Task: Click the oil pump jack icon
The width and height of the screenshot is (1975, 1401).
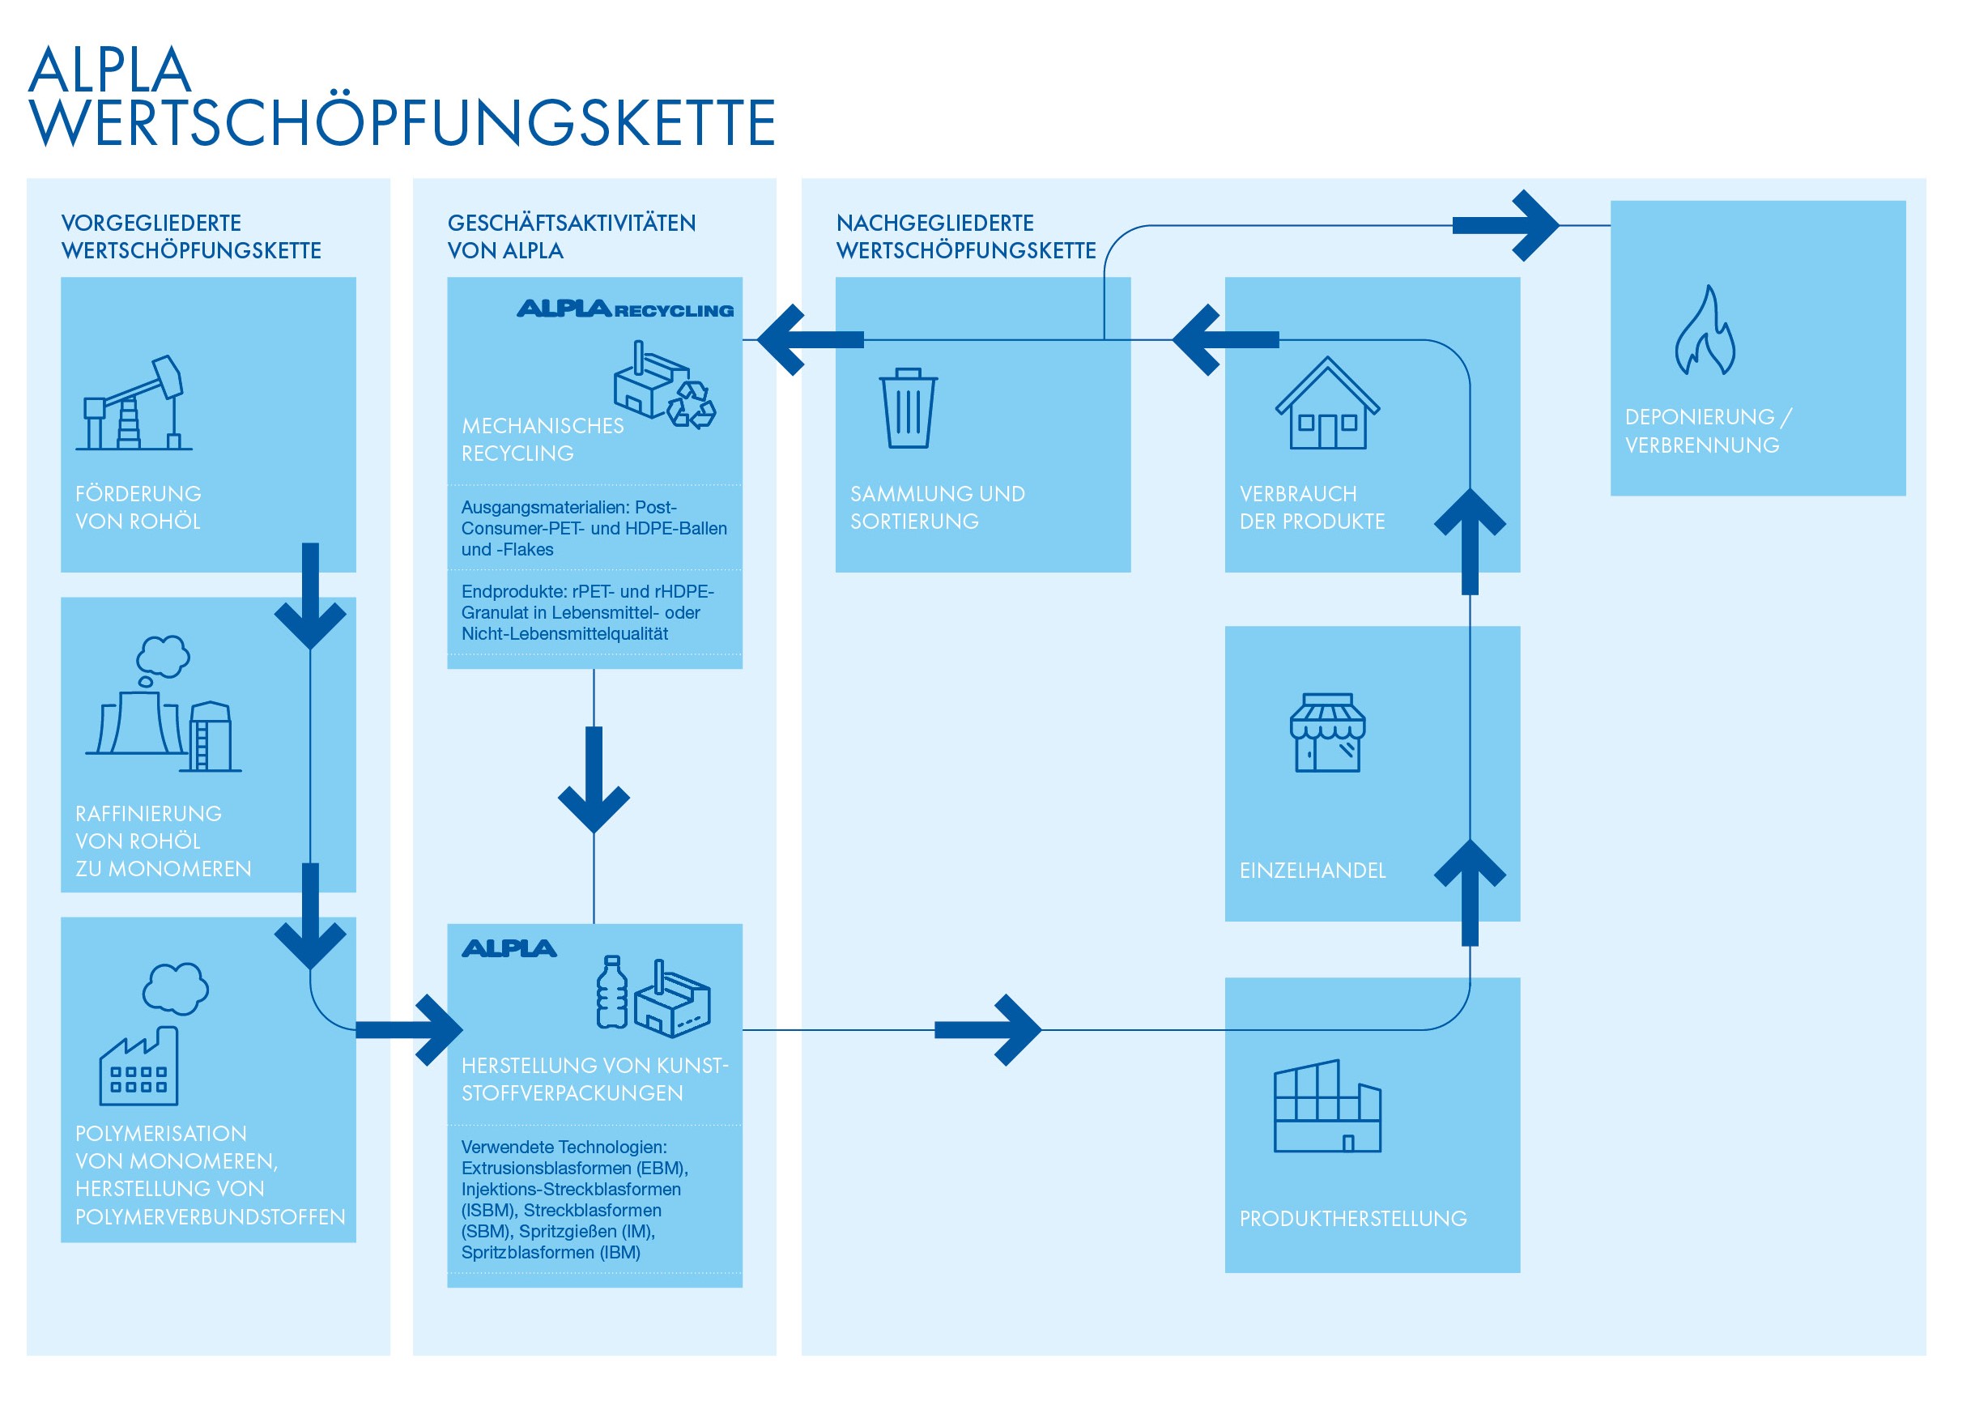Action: (x=134, y=402)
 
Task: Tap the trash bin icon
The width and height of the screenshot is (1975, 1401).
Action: (x=907, y=408)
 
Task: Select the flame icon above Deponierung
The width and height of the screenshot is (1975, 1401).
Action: (x=1705, y=330)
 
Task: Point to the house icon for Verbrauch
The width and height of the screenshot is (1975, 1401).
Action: (x=1327, y=402)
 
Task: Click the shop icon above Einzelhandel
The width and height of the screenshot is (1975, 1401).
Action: (x=1327, y=732)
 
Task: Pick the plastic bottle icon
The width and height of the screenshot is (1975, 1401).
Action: (x=612, y=992)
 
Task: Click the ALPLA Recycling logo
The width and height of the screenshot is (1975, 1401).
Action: (x=625, y=309)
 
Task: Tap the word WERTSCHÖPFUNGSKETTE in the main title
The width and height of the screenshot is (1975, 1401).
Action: (x=402, y=121)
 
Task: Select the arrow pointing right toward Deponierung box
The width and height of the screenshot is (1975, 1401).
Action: (x=1506, y=225)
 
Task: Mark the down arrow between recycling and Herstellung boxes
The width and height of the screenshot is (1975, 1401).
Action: (x=594, y=780)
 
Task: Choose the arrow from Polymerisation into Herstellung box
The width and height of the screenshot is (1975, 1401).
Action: (x=410, y=1029)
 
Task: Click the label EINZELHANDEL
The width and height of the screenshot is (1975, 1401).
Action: (x=1313, y=871)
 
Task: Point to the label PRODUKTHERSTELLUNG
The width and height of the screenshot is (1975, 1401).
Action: (x=1353, y=1218)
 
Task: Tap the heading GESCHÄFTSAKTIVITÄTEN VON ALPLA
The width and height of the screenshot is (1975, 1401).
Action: (x=571, y=236)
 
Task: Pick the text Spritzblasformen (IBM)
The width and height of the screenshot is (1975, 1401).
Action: (x=551, y=1252)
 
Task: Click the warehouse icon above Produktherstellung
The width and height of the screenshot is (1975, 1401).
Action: (x=1327, y=1106)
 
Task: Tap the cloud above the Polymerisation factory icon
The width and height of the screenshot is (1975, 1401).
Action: (x=175, y=989)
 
